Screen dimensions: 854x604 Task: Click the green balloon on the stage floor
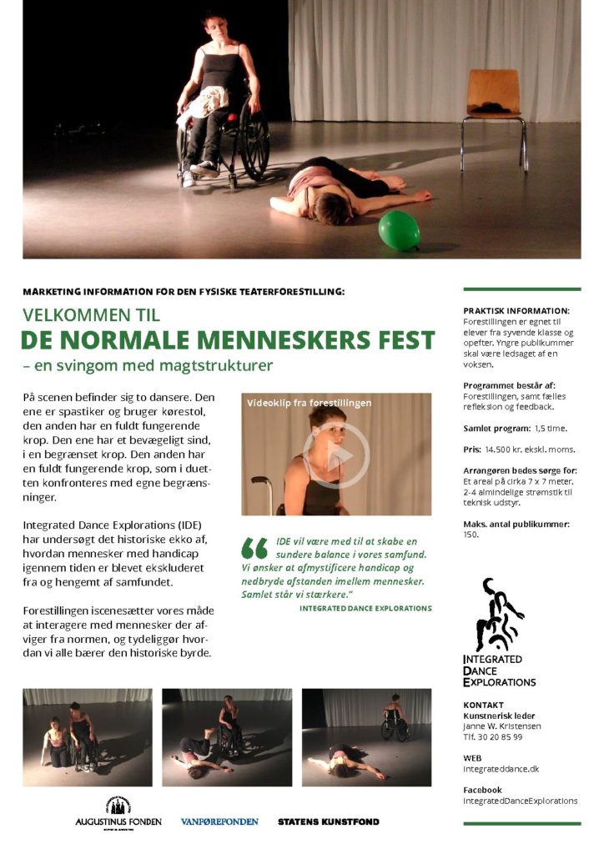pyautogui.click(x=399, y=229)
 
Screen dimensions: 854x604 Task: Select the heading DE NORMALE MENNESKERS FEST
pyautogui.click(x=229, y=340)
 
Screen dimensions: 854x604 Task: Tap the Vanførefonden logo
pyautogui.click(x=219, y=821)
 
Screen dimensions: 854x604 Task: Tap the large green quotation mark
pyautogui.click(x=254, y=547)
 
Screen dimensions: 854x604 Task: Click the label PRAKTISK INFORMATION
pyautogui.click(x=516, y=310)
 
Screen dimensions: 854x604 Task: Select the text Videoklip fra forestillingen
pyautogui.click(x=309, y=403)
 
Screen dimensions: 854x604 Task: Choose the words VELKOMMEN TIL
pyautogui.click(x=92, y=315)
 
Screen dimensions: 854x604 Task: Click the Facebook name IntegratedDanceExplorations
pyautogui.click(x=520, y=801)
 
